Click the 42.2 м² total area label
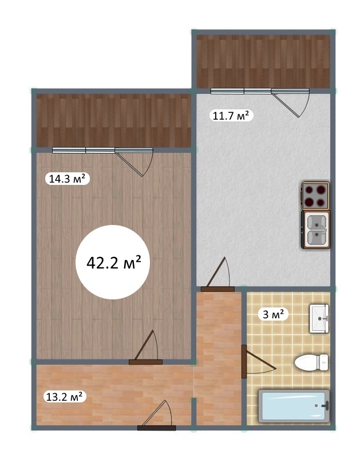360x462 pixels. click(x=114, y=262)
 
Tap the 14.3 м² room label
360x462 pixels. click(x=67, y=179)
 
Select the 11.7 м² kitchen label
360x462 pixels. click(x=231, y=116)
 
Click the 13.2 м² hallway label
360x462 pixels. click(x=64, y=397)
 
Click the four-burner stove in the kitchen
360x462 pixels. click(x=315, y=195)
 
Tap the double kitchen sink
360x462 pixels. click(x=315, y=230)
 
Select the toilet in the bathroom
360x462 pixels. click(x=311, y=362)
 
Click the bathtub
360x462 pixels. click(x=294, y=406)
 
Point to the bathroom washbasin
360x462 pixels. click(x=319, y=318)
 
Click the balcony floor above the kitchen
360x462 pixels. click(x=263, y=61)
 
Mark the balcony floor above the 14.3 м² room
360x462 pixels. click(x=114, y=120)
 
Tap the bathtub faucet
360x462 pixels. click(x=326, y=406)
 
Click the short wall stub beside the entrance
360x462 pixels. click(x=193, y=412)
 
